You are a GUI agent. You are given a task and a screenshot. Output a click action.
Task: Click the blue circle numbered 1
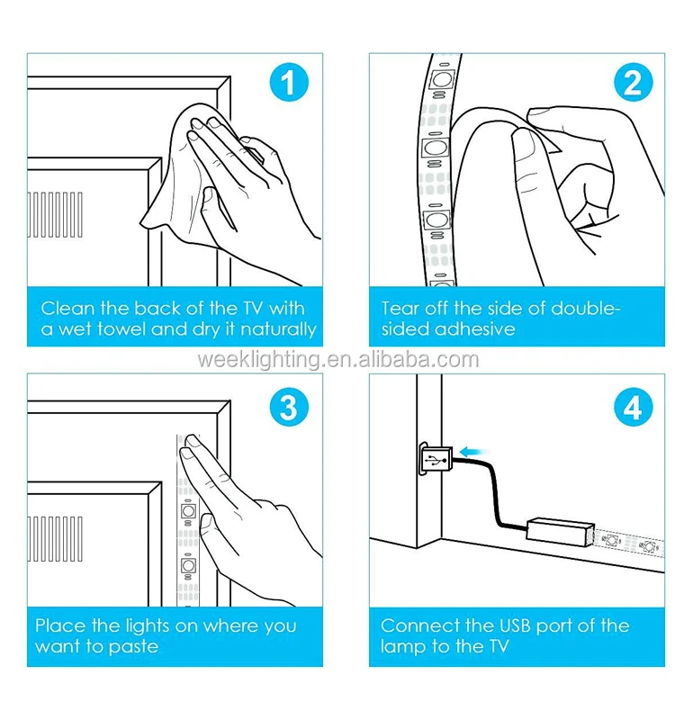point(289,83)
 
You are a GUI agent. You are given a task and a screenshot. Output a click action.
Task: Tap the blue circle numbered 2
point(633,83)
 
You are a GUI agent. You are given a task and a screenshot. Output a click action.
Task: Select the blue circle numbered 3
point(289,407)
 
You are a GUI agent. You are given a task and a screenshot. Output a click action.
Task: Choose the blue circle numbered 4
point(633,407)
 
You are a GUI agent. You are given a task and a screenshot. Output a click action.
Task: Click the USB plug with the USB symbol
point(436,459)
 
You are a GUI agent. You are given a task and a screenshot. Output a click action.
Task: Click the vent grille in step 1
point(55,215)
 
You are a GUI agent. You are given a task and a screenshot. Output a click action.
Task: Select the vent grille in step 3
point(55,538)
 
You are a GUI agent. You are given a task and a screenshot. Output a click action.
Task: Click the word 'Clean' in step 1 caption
point(68,308)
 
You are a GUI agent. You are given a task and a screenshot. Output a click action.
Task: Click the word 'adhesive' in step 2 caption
point(475,328)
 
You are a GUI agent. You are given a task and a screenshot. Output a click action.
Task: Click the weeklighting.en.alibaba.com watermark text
point(338,359)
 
